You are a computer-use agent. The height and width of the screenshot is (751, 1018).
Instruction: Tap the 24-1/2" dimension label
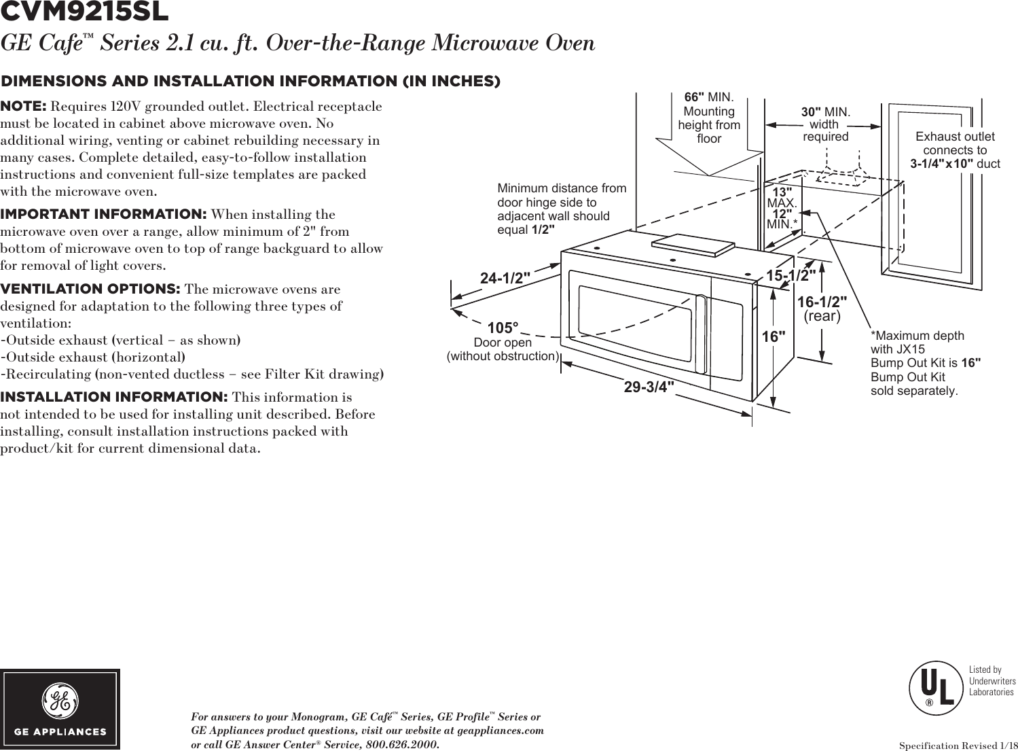(505, 279)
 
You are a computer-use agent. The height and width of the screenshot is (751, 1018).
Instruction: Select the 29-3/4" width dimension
(649, 387)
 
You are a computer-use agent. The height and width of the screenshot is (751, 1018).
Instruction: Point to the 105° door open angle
(503, 329)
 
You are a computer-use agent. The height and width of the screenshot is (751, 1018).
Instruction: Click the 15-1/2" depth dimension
(791, 275)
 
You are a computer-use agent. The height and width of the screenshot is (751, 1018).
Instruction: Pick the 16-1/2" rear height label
(822, 301)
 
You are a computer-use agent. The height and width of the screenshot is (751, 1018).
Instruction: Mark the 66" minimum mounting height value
(694, 97)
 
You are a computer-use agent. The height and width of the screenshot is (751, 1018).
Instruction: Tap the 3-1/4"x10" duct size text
(942, 164)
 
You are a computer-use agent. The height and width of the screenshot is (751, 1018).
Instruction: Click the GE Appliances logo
(60, 709)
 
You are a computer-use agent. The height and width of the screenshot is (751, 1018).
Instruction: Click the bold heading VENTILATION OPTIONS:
(90, 290)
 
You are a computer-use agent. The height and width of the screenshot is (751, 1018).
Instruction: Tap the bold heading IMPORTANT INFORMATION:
(104, 215)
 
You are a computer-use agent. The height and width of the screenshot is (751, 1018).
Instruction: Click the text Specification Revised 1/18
(958, 746)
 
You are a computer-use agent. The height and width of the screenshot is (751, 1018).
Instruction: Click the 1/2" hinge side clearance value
(543, 230)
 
